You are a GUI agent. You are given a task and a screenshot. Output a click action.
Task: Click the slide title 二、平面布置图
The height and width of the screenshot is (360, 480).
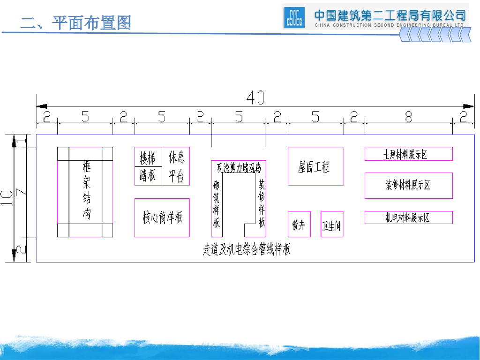pyautogui.click(x=75, y=22)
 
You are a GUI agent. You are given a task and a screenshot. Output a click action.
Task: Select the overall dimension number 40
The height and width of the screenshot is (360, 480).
pyautogui.click(x=255, y=97)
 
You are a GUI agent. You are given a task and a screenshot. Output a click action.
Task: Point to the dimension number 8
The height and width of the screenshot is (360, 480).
pyautogui.click(x=408, y=117)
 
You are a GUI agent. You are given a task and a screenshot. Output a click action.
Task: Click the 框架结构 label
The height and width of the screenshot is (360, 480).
pyautogui.click(x=86, y=191)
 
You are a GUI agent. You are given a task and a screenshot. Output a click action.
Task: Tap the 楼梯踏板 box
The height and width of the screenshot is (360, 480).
pyautogui.click(x=148, y=166)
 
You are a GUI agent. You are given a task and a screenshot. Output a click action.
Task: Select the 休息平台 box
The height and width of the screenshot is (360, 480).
pyautogui.click(x=176, y=166)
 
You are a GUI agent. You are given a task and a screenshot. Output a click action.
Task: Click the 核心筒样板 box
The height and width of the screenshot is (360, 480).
pyautogui.click(x=162, y=218)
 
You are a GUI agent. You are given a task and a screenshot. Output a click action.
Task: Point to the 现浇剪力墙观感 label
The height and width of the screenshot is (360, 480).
pyautogui.click(x=239, y=167)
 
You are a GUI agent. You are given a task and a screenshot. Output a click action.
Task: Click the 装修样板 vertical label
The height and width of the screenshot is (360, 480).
pyautogui.click(x=262, y=204)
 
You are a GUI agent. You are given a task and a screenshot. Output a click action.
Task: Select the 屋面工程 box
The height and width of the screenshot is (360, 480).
pyautogui.click(x=315, y=166)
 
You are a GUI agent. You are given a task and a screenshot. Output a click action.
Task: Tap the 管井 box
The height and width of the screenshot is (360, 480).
pyautogui.click(x=299, y=225)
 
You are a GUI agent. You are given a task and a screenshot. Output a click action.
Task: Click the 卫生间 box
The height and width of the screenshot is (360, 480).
pyautogui.click(x=331, y=225)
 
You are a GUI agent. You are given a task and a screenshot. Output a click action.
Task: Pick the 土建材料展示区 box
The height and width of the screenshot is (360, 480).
pyautogui.click(x=408, y=154)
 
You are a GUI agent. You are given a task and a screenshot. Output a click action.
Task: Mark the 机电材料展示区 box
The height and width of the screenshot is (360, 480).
pyautogui.click(x=408, y=217)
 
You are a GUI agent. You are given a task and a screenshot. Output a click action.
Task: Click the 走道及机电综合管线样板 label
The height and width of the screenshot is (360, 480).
pyautogui.click(x=247, y=250)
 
